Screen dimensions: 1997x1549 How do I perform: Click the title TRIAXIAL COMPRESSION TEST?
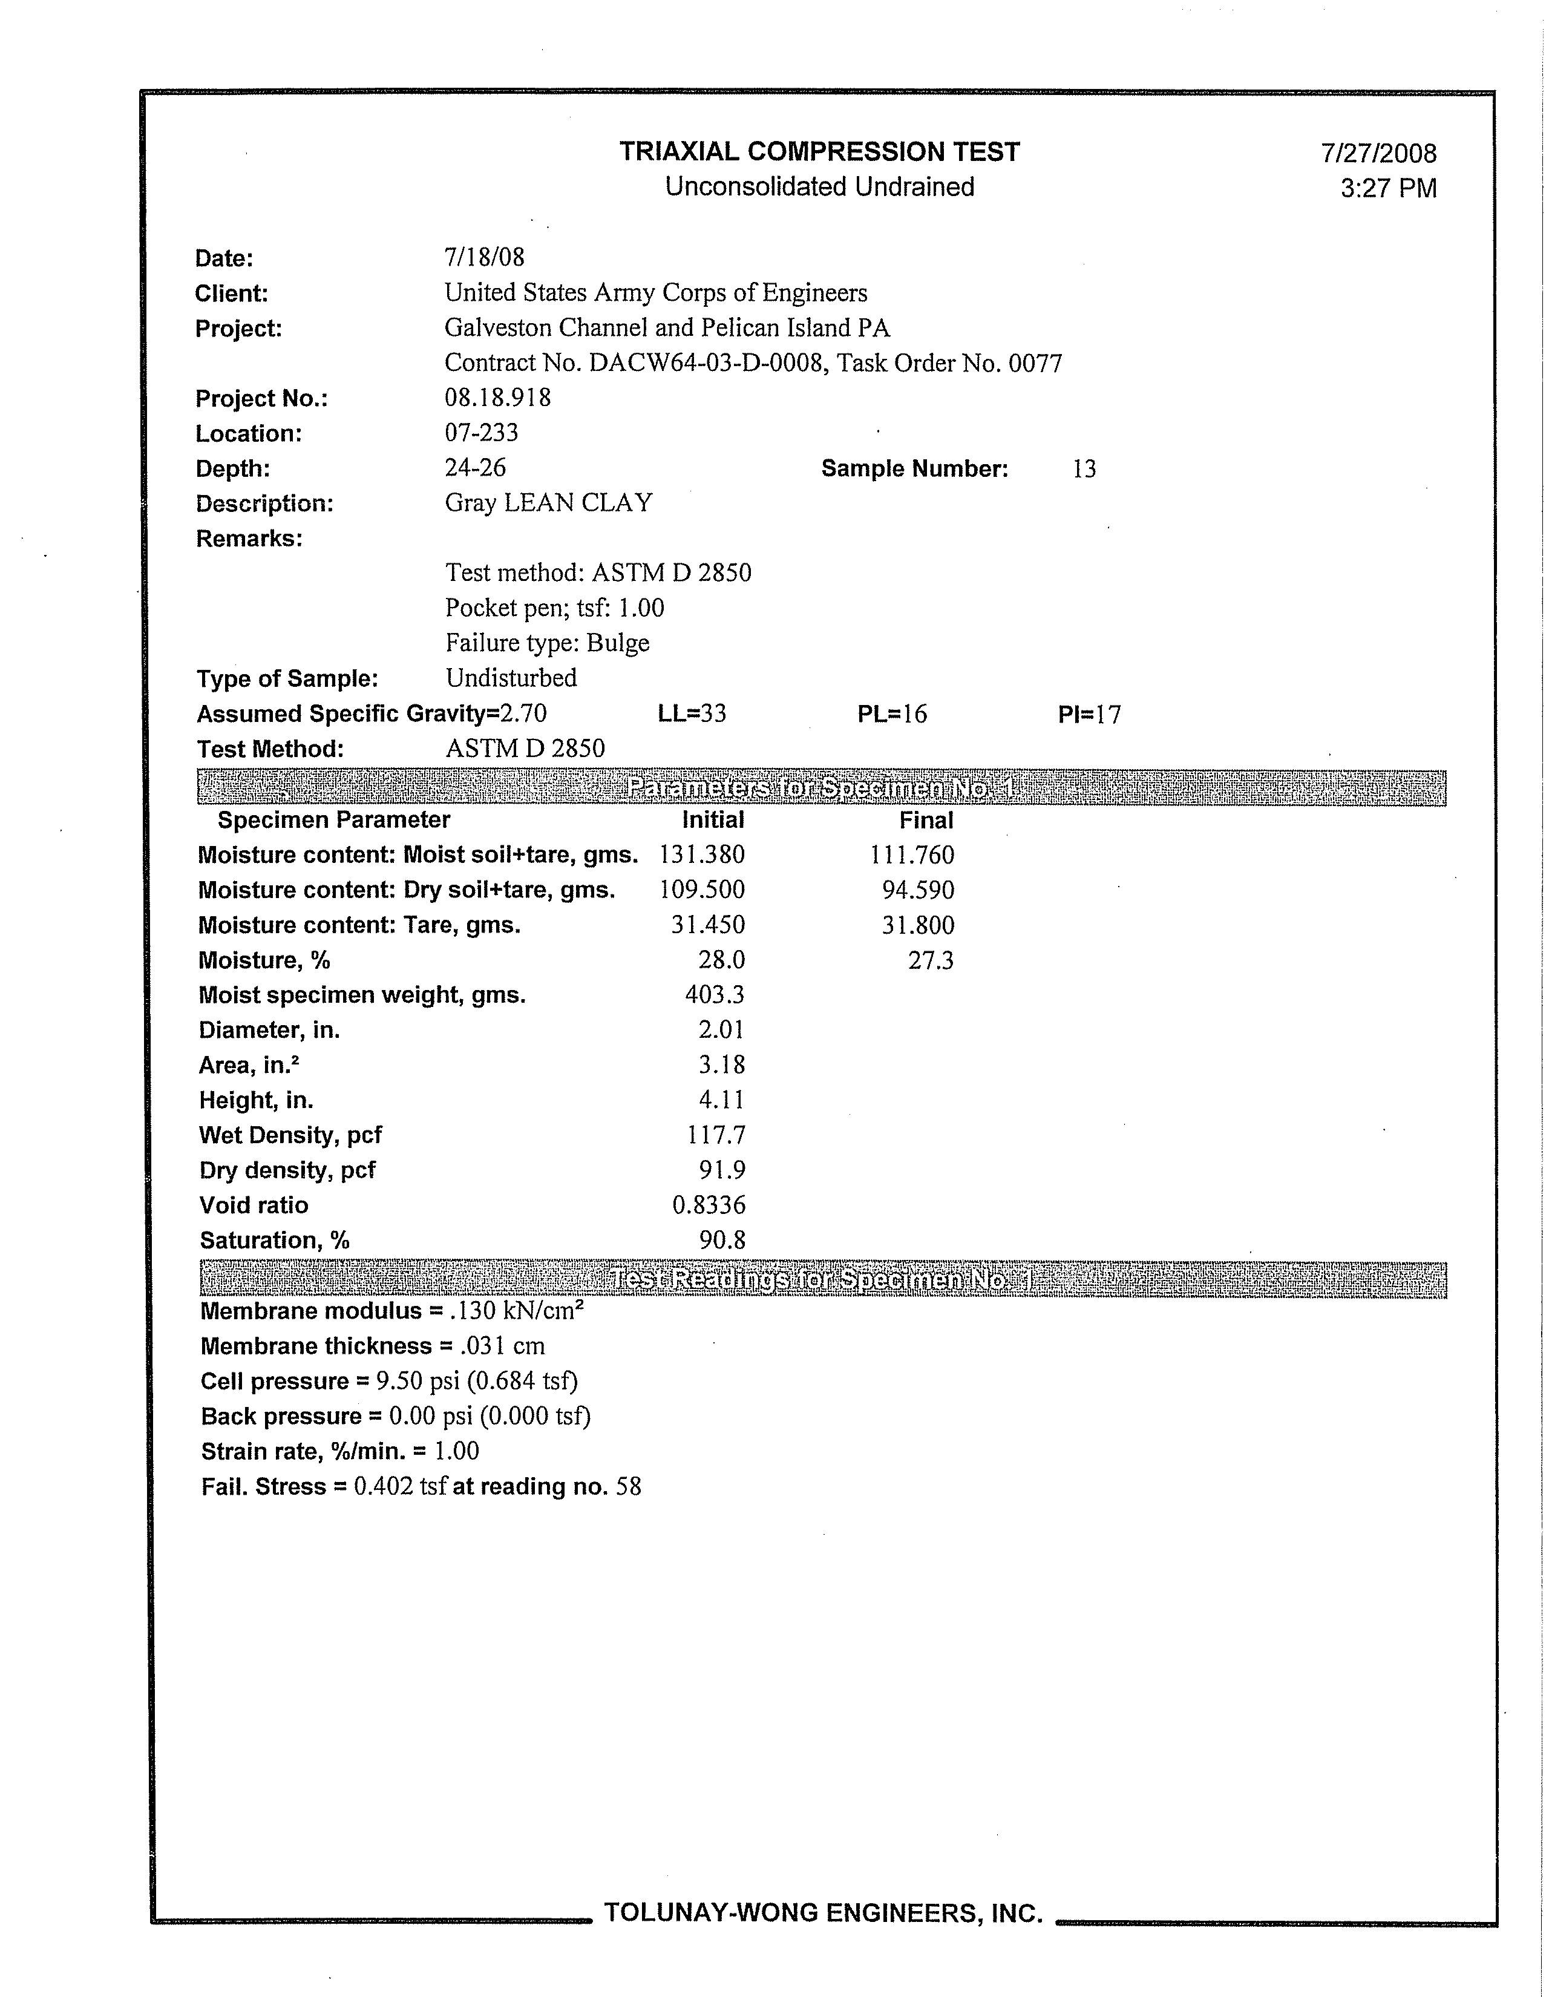(x=819, y=152)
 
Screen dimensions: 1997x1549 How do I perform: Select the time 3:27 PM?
(x=1388, y=188)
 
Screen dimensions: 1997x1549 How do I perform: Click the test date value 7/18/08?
(x=485, y=257)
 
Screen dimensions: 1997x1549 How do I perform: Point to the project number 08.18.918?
(x=497, y=398)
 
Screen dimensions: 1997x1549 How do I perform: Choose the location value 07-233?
(x=482, y=433)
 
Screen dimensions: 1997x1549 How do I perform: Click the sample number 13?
(x=1084, y=469)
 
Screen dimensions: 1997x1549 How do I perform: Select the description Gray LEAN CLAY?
(x=549, y=503)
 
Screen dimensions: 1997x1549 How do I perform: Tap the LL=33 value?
(x=692, y=713)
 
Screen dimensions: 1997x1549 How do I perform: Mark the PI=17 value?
(x=1089, y=714)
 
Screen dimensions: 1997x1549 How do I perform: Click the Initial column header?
(x=713, y=820)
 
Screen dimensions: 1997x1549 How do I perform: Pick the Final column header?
(x=926, y=820)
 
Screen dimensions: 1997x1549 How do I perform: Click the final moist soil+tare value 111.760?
(x=912, y=855)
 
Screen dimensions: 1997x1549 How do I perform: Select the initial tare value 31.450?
(x=708, y=925)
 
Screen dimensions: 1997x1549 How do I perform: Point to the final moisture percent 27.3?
(x=931, y=960)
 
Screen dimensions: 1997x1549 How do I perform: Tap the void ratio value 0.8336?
(x=709, y=1205)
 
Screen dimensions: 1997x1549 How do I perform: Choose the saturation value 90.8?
(x=722, y=1240)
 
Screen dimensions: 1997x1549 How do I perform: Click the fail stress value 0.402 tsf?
(x=399, y=1487)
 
